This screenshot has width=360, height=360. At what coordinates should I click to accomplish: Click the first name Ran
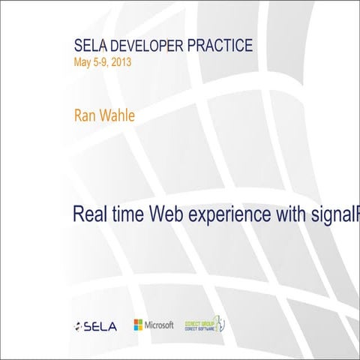click(x=83, y=115)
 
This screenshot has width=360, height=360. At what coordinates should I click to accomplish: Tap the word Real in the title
click(x=90, y=214)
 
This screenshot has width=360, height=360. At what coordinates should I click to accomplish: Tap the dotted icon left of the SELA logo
click(x=79, y=327)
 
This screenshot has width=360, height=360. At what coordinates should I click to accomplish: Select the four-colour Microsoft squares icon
click(x=139, y=325)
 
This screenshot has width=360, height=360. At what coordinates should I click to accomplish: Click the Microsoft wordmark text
click(x=160, y=325)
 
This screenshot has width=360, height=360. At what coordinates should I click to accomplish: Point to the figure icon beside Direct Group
click(x=222, y=324)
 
